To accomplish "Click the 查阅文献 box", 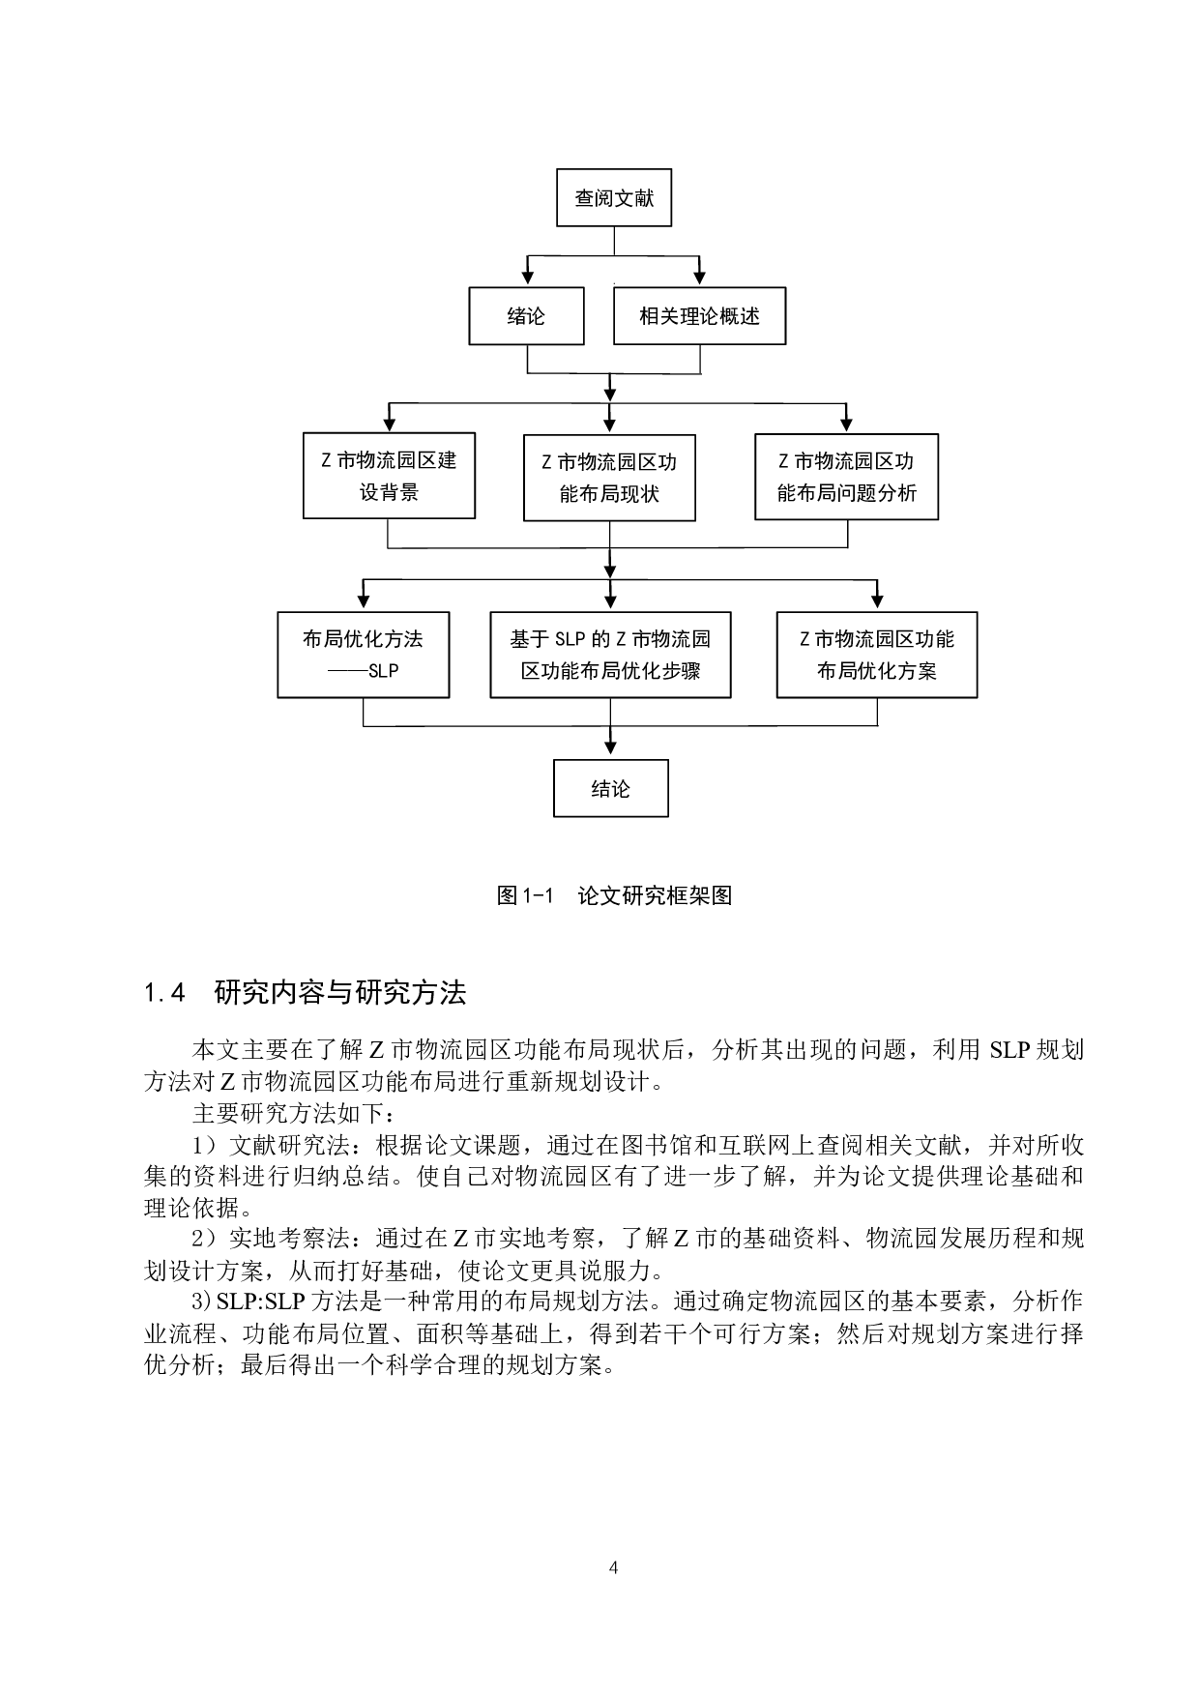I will (614, 198).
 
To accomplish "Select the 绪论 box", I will (526, 316).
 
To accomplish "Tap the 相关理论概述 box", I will (699, 316).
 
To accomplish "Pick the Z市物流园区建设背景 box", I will (389, 476).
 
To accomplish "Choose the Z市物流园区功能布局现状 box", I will (609, 478).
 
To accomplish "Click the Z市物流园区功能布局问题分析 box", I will (846, 477).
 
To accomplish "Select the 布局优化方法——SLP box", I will (363, 655).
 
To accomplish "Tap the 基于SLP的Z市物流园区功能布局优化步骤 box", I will (610, 655).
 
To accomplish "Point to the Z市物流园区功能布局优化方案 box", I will (877, 655).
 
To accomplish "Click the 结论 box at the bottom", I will (610, 789).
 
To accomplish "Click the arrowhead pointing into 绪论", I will (528, 277).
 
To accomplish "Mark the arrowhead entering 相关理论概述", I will (700, 277).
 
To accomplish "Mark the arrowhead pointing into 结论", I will (610, 747).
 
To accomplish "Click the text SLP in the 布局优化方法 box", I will (383, 671).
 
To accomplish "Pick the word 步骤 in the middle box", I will (680, 671).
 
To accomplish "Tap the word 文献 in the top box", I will (634, 198).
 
